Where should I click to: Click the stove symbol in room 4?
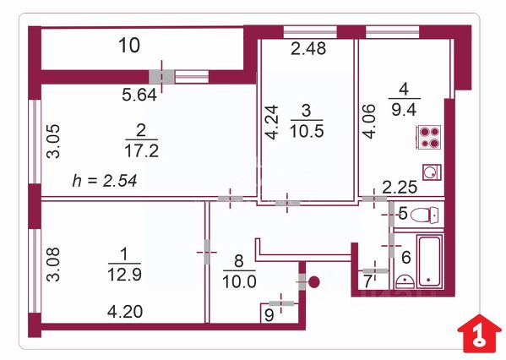coord(428,137)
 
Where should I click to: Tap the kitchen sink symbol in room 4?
coord(432,172)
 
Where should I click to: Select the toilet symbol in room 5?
coord(425,215)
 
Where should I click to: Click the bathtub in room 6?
coord(429,261)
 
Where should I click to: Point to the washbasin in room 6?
coord(405,281)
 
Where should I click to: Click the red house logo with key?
coord(480,333)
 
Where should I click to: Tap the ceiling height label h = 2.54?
coord(105,181)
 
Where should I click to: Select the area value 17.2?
coord(142,151)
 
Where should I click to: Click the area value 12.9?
coord(124,275)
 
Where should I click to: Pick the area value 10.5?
coord(307,131)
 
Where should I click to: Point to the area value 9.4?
coord(404,110)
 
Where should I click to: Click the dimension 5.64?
coord(139,95)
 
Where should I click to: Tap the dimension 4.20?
coord(125,312)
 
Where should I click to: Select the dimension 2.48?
coord(308,49)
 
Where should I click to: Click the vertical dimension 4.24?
coord(271,122)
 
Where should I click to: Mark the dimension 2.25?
coord(400,187)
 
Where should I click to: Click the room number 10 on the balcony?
coord(129,45)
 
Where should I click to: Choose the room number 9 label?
coord(269,315)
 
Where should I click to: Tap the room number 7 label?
coord(367,281)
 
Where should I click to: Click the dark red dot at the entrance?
coord(313,282)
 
